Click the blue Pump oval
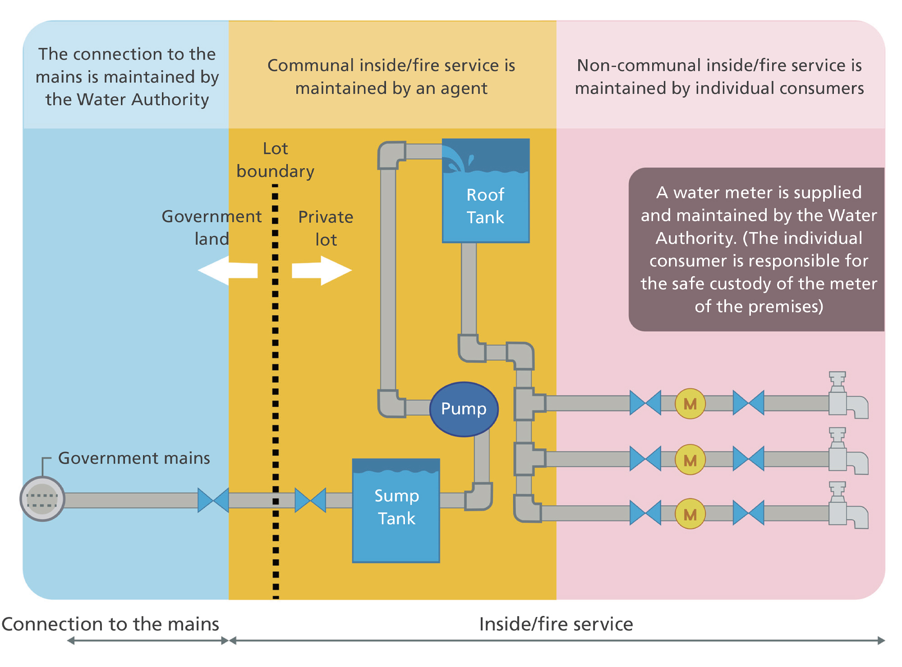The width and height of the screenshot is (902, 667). [464, 409]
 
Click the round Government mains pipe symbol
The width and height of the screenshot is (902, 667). [42, 499]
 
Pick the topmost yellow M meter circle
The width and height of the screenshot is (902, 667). [690, 404]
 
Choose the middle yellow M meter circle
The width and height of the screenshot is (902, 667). [690, 460]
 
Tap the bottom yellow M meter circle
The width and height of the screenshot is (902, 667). [690, 514]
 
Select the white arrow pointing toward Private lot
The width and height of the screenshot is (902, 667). [323, 271]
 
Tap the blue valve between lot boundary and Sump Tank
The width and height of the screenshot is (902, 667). [310, 500]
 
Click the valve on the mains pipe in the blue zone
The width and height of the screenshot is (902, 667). [213, 500]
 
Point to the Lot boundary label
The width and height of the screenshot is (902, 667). [275, 160]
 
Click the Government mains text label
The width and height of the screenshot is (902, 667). [134, 458]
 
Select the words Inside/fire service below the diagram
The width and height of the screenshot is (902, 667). [556, 624]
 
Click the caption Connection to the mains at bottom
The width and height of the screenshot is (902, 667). [110, 624]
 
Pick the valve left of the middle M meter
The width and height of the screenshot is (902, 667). [645, 459]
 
